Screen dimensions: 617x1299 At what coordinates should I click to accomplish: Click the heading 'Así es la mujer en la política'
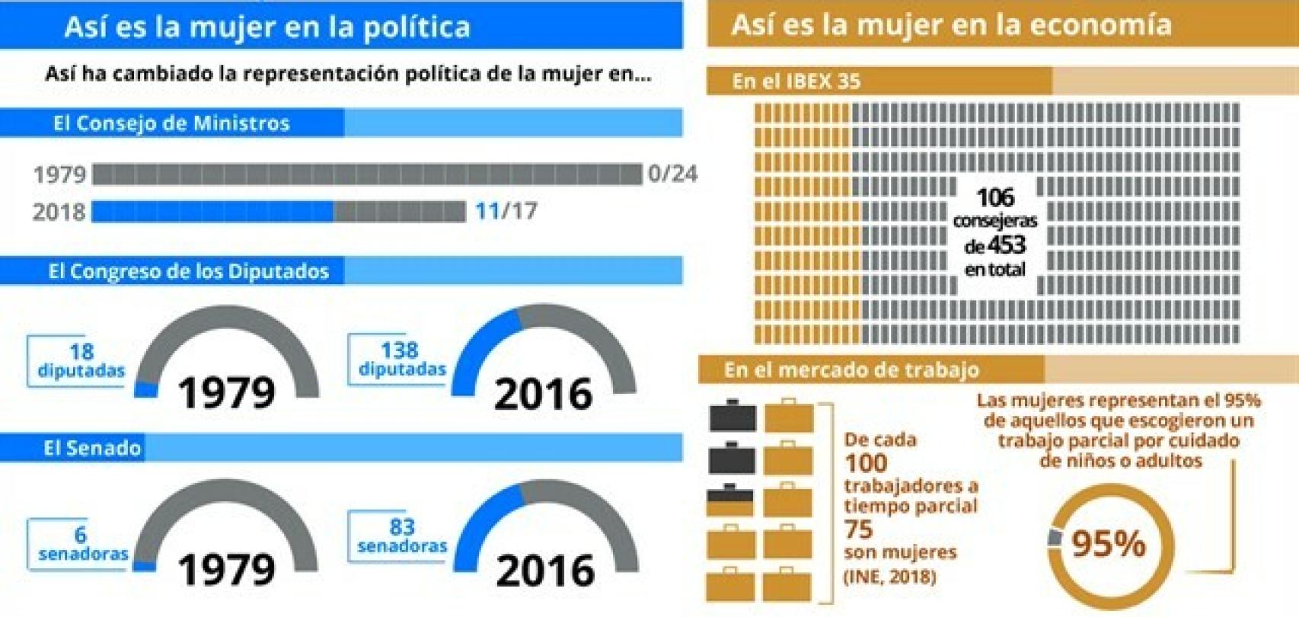(267, 27)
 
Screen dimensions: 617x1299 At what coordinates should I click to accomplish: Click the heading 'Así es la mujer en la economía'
(951, 25)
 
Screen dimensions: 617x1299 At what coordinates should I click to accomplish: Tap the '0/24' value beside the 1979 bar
(672, 174)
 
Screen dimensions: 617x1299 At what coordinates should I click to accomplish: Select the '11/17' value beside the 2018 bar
(506, 211)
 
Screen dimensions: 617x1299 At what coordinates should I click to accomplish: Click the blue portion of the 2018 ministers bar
(212, 212)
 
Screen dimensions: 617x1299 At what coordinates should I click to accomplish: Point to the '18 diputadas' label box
(79, 361)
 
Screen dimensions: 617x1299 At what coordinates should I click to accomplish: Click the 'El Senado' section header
(92, 448)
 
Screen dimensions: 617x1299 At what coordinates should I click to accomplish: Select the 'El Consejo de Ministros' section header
(171, 123)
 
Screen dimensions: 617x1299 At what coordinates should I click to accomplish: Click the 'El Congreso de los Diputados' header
(188, 272)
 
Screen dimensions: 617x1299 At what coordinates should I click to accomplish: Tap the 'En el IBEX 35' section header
(796, 82)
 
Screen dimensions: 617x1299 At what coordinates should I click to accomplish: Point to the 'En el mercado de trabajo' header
(851, 370)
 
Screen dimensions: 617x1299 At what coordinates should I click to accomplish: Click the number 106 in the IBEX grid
(995, 198)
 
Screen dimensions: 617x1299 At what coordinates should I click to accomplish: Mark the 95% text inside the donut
(1108, 544)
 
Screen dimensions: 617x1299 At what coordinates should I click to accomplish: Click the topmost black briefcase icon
(732, 416)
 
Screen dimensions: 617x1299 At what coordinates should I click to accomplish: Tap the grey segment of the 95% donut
(1055, 537)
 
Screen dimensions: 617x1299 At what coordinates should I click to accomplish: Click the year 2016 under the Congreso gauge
(543, 394)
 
